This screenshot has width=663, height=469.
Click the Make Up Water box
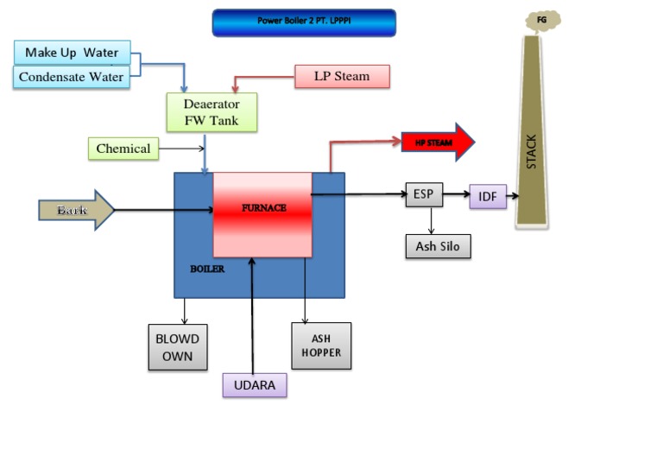click(x=72, y=52)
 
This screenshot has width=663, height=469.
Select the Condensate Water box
click(x=72, y=77)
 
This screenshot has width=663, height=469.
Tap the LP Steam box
click(x=342, y=76)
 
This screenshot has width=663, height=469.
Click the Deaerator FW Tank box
click(x=212, y=112)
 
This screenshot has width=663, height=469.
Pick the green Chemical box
click(x=123, y=149)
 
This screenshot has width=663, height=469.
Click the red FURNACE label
click(x=263, y=208)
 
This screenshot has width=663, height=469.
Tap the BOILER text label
click(x=207, y=269)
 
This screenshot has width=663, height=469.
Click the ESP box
click(x=423, y=194)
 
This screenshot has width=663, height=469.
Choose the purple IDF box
click(x=488, y=197)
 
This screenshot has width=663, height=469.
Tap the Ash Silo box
click(x=438, y=246)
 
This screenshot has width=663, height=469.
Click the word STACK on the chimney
click(x=531, y=151)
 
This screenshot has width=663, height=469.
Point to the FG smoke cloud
click(x=542, y=20)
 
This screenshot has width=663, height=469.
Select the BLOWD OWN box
click(x=177, y=347)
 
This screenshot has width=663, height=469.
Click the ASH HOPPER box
click(x=321, y=345)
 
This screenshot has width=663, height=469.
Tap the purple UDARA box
click(x=255, y=385)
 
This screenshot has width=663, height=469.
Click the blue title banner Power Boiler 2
click(x=304, y=22)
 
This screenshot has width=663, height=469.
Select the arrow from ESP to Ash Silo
click(x=431, y=220)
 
